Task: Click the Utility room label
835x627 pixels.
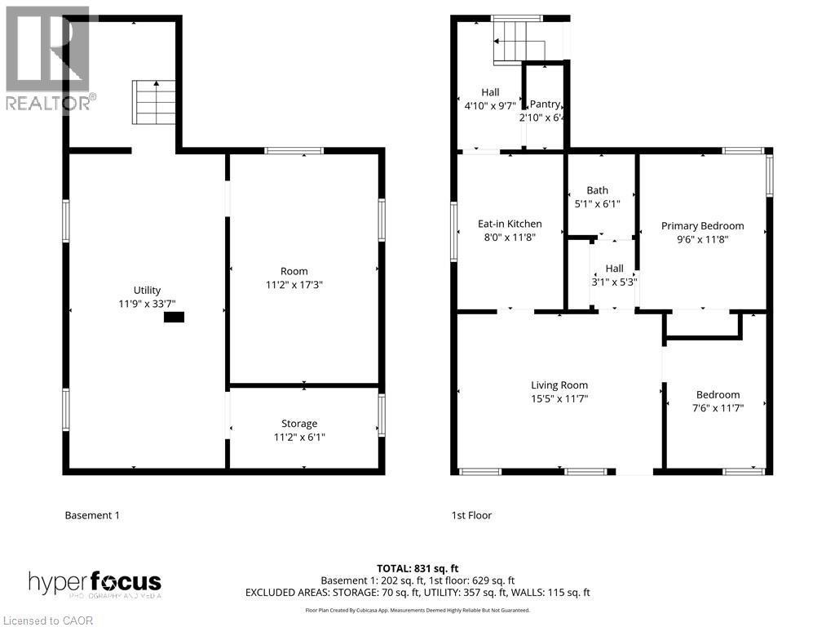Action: coord(148,290)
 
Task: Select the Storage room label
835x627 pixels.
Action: coord(299,423)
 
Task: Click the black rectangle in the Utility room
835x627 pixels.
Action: coord(174,318)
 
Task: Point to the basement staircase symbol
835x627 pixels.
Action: coord(155,102)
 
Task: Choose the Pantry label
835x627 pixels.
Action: coord(545,104)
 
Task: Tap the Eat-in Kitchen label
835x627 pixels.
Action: coord(510,224)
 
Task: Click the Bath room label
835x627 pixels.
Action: coord(597,190)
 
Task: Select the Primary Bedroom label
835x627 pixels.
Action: coord(702,226)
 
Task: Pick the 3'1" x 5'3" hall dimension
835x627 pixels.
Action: coord(614,282)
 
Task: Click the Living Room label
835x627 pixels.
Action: coord(559,385)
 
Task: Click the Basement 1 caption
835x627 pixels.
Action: coord(92,515)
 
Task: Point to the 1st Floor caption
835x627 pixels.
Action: coord(471,515)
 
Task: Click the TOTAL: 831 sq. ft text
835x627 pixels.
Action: coord(417,567)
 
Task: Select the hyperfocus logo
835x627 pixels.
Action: coord(95,584)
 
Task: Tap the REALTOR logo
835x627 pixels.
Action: coord(49,57)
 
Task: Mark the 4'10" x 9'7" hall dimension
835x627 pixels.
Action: coord(489,106)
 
